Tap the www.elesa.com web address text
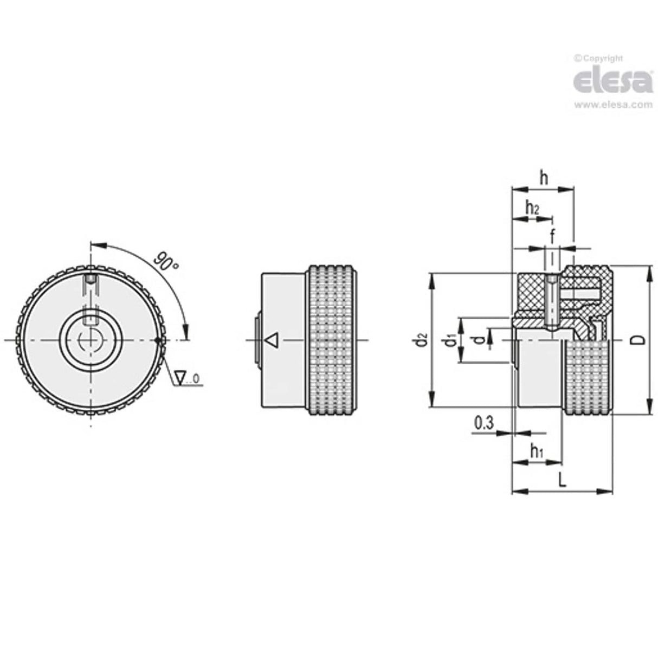(613, 105)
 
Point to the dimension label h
(544, 177)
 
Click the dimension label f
(552, 236)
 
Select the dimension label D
(639, 340)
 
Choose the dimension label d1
(448, 341)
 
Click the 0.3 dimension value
(483, 423)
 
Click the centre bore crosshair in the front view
(91, 340)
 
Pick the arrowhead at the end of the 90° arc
(186, 332)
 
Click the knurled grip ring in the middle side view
(332, 340)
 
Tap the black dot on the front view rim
(158, 340)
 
